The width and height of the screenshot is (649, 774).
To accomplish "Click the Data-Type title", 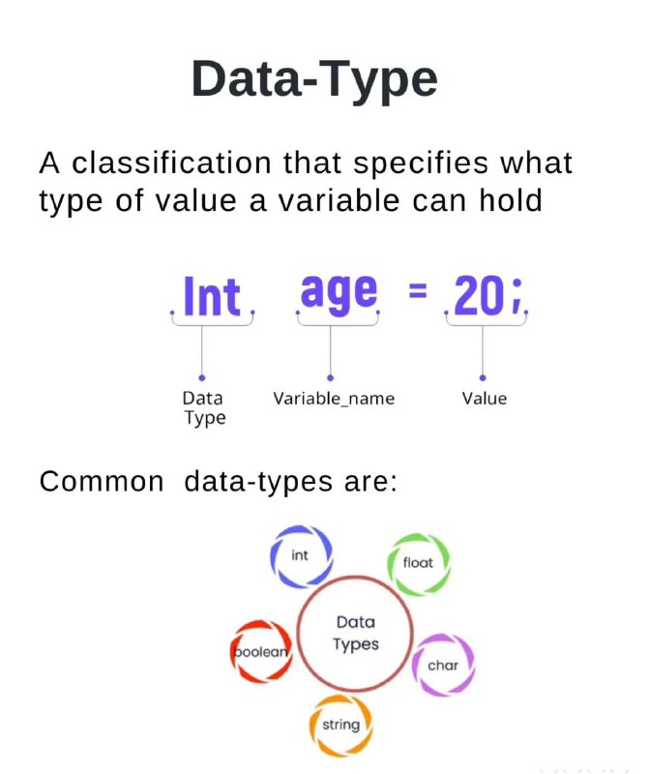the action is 314,80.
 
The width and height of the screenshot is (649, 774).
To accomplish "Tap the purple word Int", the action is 212,296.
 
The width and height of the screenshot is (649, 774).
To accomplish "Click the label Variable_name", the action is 334,399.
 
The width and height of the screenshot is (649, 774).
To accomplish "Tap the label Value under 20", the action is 485,399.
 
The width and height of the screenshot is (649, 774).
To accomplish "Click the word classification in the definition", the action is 171,163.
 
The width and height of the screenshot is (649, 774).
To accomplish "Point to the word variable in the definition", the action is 339,200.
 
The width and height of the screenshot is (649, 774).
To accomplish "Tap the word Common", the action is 102,481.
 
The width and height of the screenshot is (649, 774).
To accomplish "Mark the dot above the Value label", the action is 483,378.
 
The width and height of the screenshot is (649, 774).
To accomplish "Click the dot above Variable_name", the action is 330,378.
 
